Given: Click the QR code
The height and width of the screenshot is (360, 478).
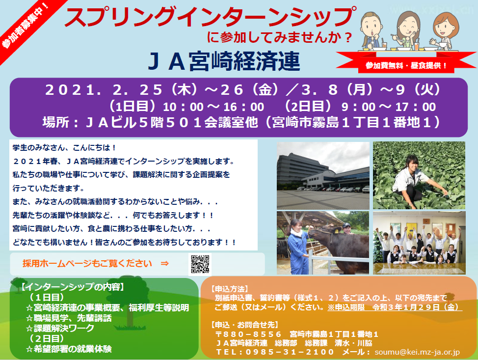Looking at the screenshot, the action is (200, 264).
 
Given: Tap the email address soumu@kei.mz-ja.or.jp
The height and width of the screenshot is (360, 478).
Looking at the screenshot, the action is (417, 352).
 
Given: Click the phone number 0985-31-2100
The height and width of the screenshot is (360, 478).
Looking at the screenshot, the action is (290, 352).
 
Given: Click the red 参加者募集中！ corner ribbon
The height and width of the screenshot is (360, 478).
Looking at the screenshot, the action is (26, 26).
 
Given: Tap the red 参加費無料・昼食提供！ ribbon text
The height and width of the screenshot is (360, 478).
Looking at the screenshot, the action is (406, 65).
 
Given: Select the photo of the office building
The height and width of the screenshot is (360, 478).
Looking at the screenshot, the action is (323, 175).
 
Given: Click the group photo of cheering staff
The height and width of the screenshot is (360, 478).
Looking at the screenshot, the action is (419, 243).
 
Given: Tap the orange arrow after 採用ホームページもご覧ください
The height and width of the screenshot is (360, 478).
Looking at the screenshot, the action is (164, 263).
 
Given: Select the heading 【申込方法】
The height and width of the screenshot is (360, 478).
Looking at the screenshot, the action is (230, 289).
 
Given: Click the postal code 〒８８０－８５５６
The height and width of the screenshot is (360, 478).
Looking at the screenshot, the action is (248, 334).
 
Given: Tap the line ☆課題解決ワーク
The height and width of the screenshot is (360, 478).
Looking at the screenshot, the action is (60, 328).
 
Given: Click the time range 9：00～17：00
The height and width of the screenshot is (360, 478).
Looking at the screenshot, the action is (389, 107).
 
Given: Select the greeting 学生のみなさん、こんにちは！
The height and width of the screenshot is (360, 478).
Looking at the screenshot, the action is (64, 148).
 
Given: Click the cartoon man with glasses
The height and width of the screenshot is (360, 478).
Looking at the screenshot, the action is (372, 30).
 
